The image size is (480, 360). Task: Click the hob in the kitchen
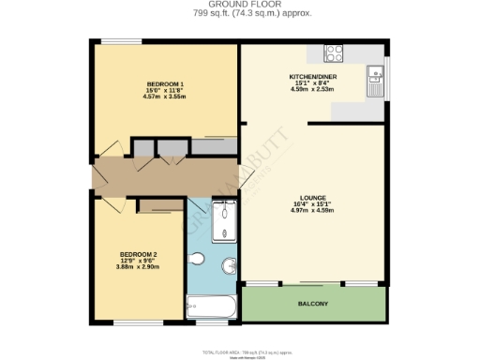334,53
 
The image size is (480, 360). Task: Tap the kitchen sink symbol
375,78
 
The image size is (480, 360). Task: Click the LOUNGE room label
313,198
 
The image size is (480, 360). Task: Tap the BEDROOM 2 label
137,254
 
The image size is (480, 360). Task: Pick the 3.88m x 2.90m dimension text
137,267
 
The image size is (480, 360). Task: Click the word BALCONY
313,304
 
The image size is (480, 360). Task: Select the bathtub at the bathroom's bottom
212,306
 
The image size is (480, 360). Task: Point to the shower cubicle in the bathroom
225,219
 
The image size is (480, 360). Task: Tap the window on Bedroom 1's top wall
117,41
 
